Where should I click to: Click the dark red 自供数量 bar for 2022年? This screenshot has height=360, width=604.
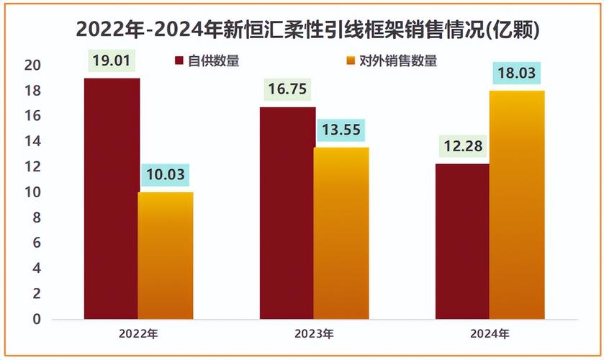click(112, 198)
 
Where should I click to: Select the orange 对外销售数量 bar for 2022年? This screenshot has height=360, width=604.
click(166, 256)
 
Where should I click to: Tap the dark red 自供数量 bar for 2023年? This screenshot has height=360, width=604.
click(287, 212)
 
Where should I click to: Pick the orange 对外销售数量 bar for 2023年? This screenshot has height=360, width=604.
click(342, 233)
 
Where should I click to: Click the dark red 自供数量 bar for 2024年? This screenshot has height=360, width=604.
click(462, 241)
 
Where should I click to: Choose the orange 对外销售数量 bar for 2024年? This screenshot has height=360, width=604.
click(517, 204)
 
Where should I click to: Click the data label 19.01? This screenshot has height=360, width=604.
click(112, 60)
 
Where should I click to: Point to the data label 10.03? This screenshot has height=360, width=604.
click(166, 175)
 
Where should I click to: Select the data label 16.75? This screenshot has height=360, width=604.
click(287, 89)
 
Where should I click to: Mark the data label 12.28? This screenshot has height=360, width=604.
click(462, 147)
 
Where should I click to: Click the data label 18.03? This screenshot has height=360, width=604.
click(517, 73)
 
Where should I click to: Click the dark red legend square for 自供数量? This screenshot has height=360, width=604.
click(179, 60)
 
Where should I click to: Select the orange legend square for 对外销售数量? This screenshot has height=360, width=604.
click(351, 60)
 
